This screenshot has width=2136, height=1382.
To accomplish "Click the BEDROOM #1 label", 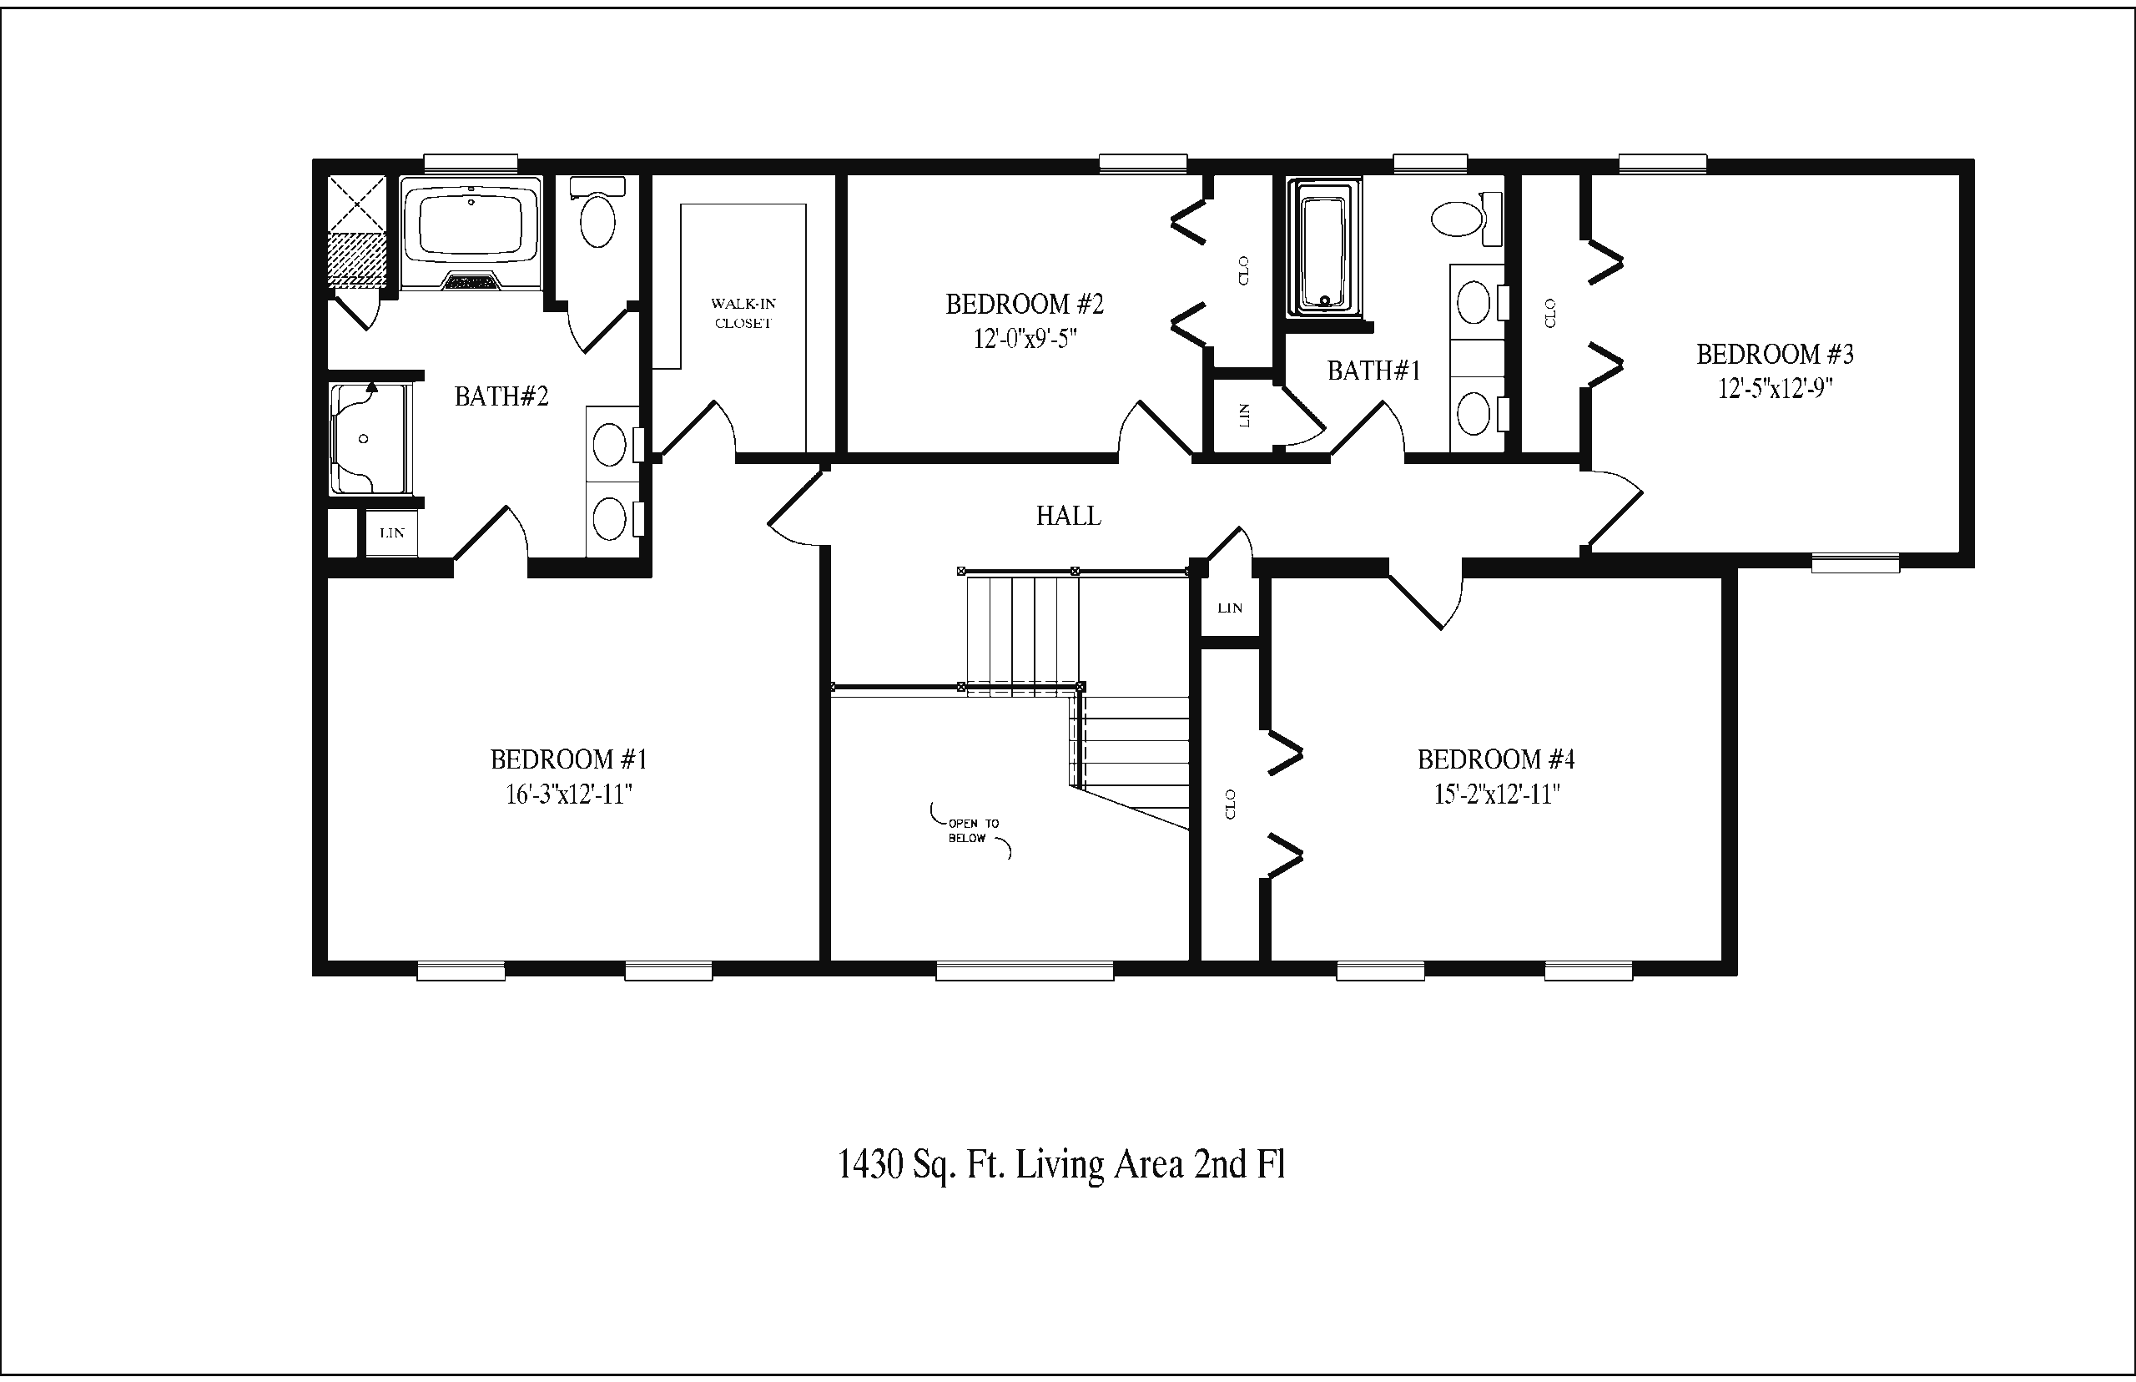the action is [569, 760].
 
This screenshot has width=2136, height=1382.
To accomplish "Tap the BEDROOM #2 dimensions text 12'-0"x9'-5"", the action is [1025, 339].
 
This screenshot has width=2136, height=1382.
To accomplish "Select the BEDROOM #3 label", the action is [1775, 355].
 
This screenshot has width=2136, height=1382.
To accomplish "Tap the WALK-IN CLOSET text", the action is [743, 313].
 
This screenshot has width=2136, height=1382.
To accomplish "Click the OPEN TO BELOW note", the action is [972, 830].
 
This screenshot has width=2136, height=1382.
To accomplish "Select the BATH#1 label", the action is [1373, 371].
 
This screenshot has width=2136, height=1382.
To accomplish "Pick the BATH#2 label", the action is [501, 396].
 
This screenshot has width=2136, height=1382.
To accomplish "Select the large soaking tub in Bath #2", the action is [471, 234].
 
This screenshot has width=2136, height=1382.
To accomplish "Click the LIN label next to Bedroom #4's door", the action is [1230, 608].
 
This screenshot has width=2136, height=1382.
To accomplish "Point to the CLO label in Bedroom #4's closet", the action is [1230, 804].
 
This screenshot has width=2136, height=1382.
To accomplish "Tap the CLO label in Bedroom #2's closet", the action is [1243, 270].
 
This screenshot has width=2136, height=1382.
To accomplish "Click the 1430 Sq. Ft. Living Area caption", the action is [1061, 1165].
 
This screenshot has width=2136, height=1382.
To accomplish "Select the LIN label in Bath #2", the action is [392, 533].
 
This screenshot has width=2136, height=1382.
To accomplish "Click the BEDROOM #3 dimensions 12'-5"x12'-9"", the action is [1775, 389].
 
